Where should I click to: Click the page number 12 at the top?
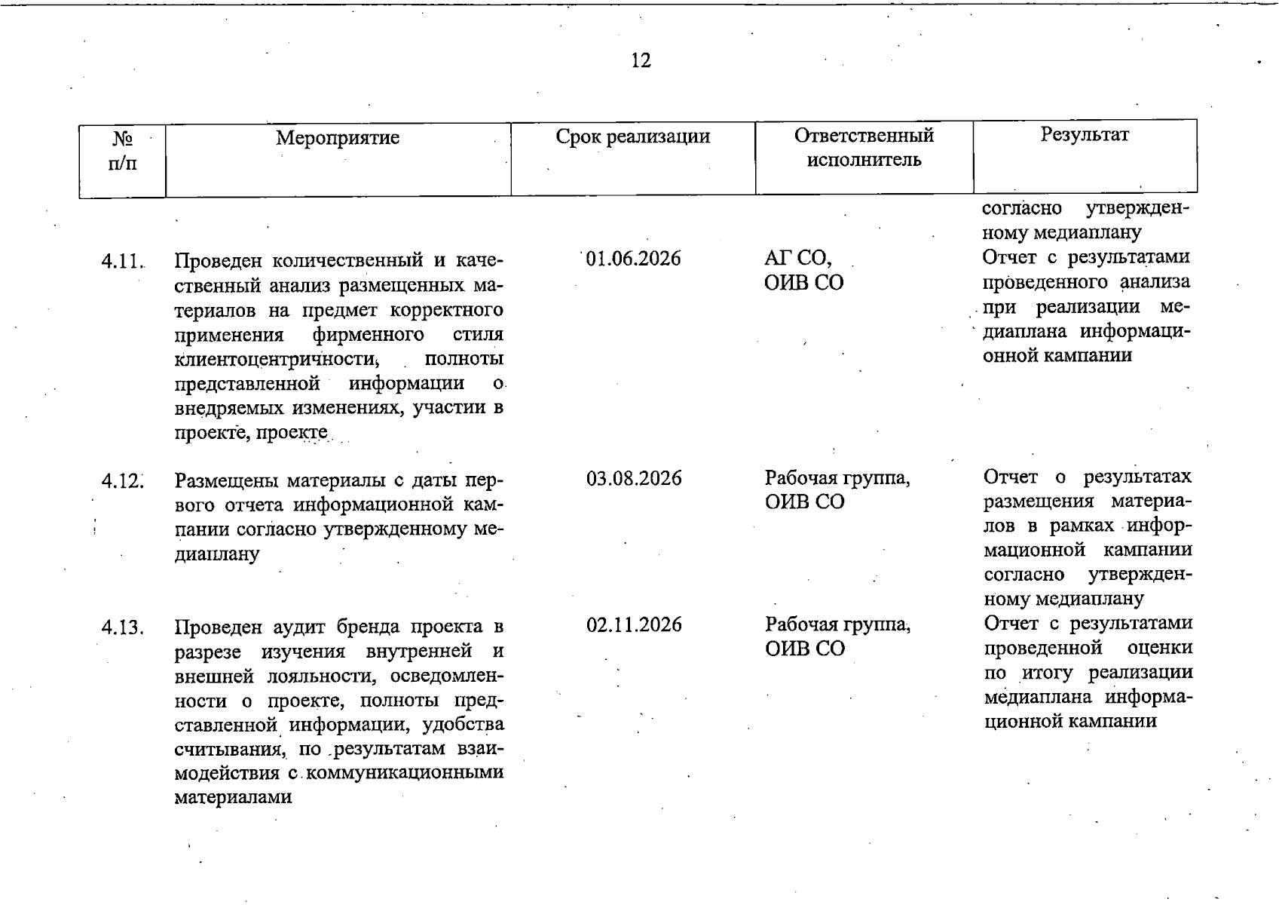click(x=641, y=60)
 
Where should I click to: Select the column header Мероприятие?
click(x=337, y=138)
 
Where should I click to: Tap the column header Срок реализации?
click(x=632, y=137)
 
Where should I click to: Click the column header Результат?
click(x=1085, y=134)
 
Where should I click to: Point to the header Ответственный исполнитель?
click(x=864, y=147)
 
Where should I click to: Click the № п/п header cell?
click(x=122, y=150)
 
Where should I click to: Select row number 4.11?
click(x=122, y=262)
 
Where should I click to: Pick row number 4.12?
click(x=122, y=480)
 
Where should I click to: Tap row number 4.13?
click(x=122, y=627)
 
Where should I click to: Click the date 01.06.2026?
click(x=633, y=259)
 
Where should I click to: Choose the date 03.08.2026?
click(x=634, y=478)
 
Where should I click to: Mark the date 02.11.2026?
click(x=634, y=624)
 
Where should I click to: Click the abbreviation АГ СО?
click(x=797, y=259)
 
